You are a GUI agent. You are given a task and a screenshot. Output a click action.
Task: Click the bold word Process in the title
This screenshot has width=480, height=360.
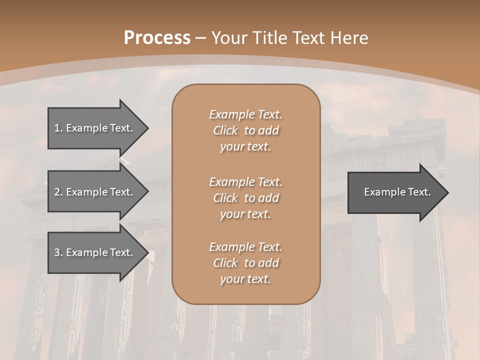tap(157, 38)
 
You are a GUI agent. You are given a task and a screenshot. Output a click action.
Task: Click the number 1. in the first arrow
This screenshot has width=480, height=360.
tap(58, 128)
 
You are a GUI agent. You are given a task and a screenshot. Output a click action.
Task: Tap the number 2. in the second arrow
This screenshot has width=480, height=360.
tap(58, 192)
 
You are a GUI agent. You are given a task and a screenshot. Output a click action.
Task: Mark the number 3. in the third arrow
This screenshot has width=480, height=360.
tap(58, 252)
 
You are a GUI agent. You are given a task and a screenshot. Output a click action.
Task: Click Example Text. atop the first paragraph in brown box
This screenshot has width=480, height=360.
tap(245, 114)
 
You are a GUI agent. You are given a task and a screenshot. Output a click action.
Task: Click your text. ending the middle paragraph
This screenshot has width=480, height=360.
tap(245, 214)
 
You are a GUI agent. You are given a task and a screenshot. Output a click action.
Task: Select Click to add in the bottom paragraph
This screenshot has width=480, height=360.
tap(245, 263)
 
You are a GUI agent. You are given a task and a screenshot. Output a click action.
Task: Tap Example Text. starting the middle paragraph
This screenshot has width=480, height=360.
tap(245, 181)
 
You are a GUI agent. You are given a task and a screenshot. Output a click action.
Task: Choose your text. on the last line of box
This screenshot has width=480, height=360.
tap(245, 279)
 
